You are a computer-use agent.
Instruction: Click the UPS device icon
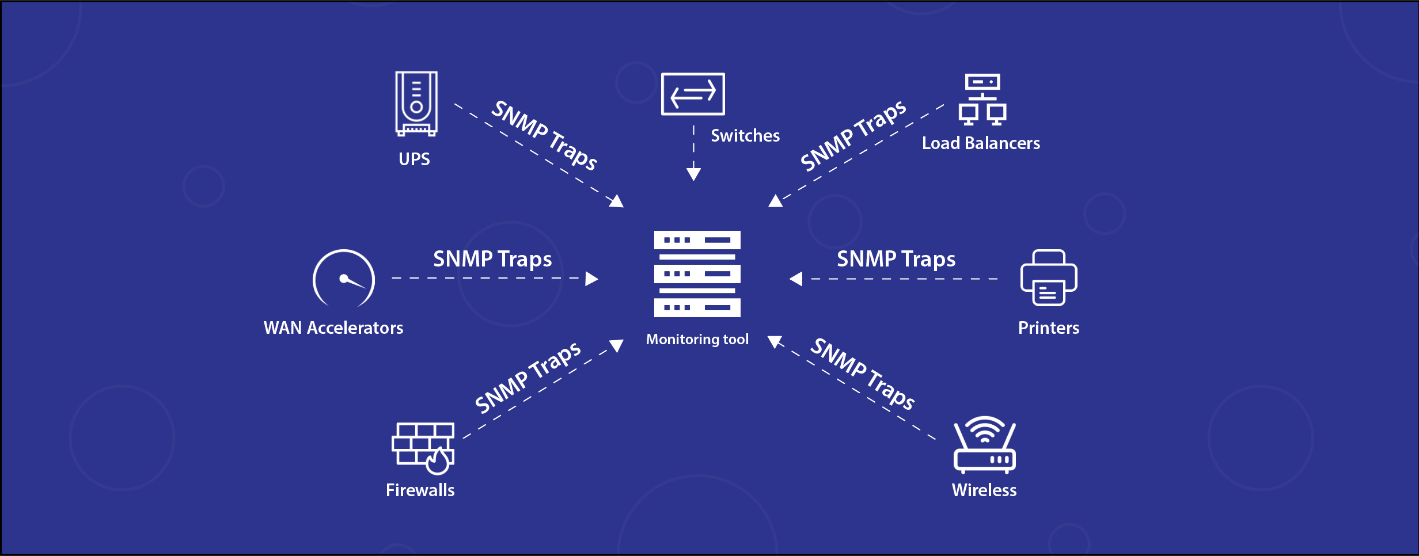tap(416, 104)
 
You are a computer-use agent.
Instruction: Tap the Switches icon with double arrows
tap(693, 94)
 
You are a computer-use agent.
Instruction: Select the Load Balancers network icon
tap(982, 100)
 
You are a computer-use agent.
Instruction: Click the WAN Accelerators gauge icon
tap(344, 279)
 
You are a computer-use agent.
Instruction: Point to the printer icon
tap(1049, 278)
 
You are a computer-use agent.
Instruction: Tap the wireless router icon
tap(985, 445)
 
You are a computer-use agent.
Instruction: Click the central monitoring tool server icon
tap(697, 274)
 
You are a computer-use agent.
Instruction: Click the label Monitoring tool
tap(697, 340)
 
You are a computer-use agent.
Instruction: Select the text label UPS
tap(414, 159)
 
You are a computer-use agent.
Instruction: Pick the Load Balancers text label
tap(981, 143)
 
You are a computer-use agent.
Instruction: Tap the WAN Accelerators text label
tap(333, 328)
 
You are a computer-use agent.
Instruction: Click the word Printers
tap(1048, 328)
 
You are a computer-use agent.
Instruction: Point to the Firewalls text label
tap(420, 490)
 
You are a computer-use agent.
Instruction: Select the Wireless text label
tap(984, 490)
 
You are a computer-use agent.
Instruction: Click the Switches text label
tap(745, 136)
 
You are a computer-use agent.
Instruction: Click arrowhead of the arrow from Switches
tap(693, 174)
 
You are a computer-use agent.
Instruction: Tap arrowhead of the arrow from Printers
tap(796, 279)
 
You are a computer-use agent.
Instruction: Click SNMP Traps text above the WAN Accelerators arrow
tap(492, 259)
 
